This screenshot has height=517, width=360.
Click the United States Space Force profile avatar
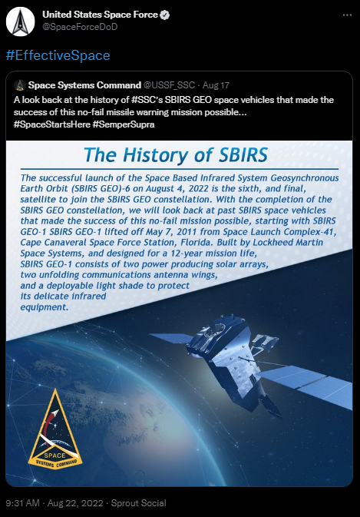(21, 22)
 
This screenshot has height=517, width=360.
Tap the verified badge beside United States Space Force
(165, 15)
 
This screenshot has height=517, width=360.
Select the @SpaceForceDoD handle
(80, 27)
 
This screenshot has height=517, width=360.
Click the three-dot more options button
(347, 15)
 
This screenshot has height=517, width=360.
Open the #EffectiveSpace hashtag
(58, 55)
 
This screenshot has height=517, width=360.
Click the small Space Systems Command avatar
(20, 85)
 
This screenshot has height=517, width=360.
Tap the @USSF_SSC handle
(169, 85)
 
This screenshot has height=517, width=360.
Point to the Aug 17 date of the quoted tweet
(216, 85)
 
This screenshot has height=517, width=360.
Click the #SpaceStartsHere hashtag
(52, 124)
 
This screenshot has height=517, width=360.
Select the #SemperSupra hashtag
(124, 124)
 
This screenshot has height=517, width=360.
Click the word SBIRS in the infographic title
(243, 154)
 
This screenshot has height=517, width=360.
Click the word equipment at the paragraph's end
(45, 307)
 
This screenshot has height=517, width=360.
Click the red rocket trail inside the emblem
(48, 425)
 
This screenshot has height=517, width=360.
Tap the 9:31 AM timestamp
(23, 503)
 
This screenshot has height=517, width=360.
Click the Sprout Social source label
(139, 503)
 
